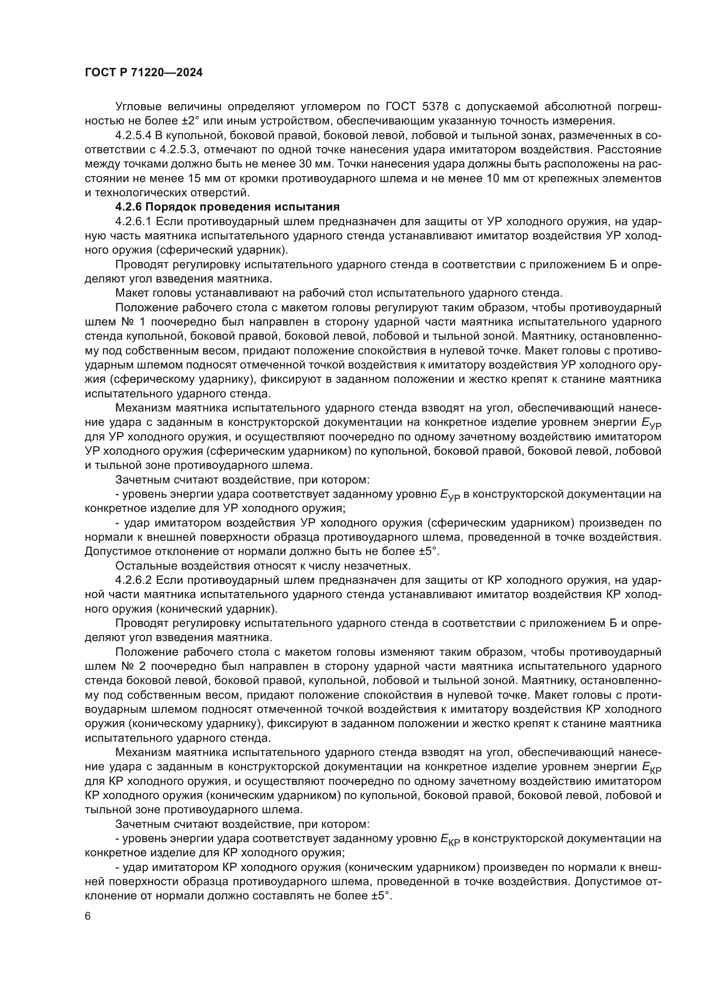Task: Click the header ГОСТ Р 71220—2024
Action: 144,73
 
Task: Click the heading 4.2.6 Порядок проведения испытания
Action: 228,207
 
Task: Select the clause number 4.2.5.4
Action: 134,136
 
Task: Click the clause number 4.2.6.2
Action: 134,580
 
